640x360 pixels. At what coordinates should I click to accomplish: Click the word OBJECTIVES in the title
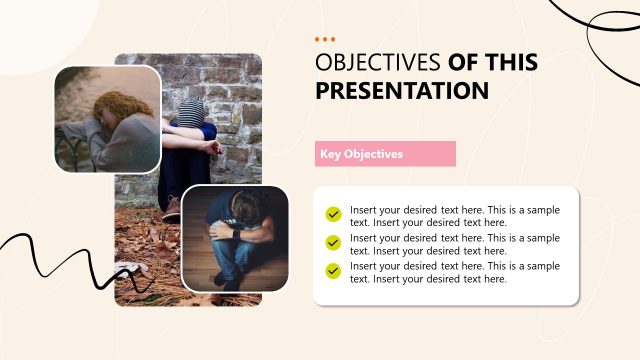pos(378,62)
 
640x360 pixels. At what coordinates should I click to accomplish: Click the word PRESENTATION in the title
pos(402,91)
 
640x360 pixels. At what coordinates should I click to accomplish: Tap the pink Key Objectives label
pos(385,154)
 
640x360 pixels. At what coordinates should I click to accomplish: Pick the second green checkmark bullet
pos(333,243)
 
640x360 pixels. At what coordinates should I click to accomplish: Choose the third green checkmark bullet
pos(333,271)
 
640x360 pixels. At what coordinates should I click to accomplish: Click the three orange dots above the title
pos(325,39)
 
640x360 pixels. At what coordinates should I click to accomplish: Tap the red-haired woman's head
pos(113,105)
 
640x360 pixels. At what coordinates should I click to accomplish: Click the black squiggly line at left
pos(60,255)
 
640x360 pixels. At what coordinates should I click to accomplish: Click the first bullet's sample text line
pos(454,216)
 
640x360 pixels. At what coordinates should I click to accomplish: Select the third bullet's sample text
pos(454,272)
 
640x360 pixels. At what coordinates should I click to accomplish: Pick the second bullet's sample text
pos(454,244)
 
